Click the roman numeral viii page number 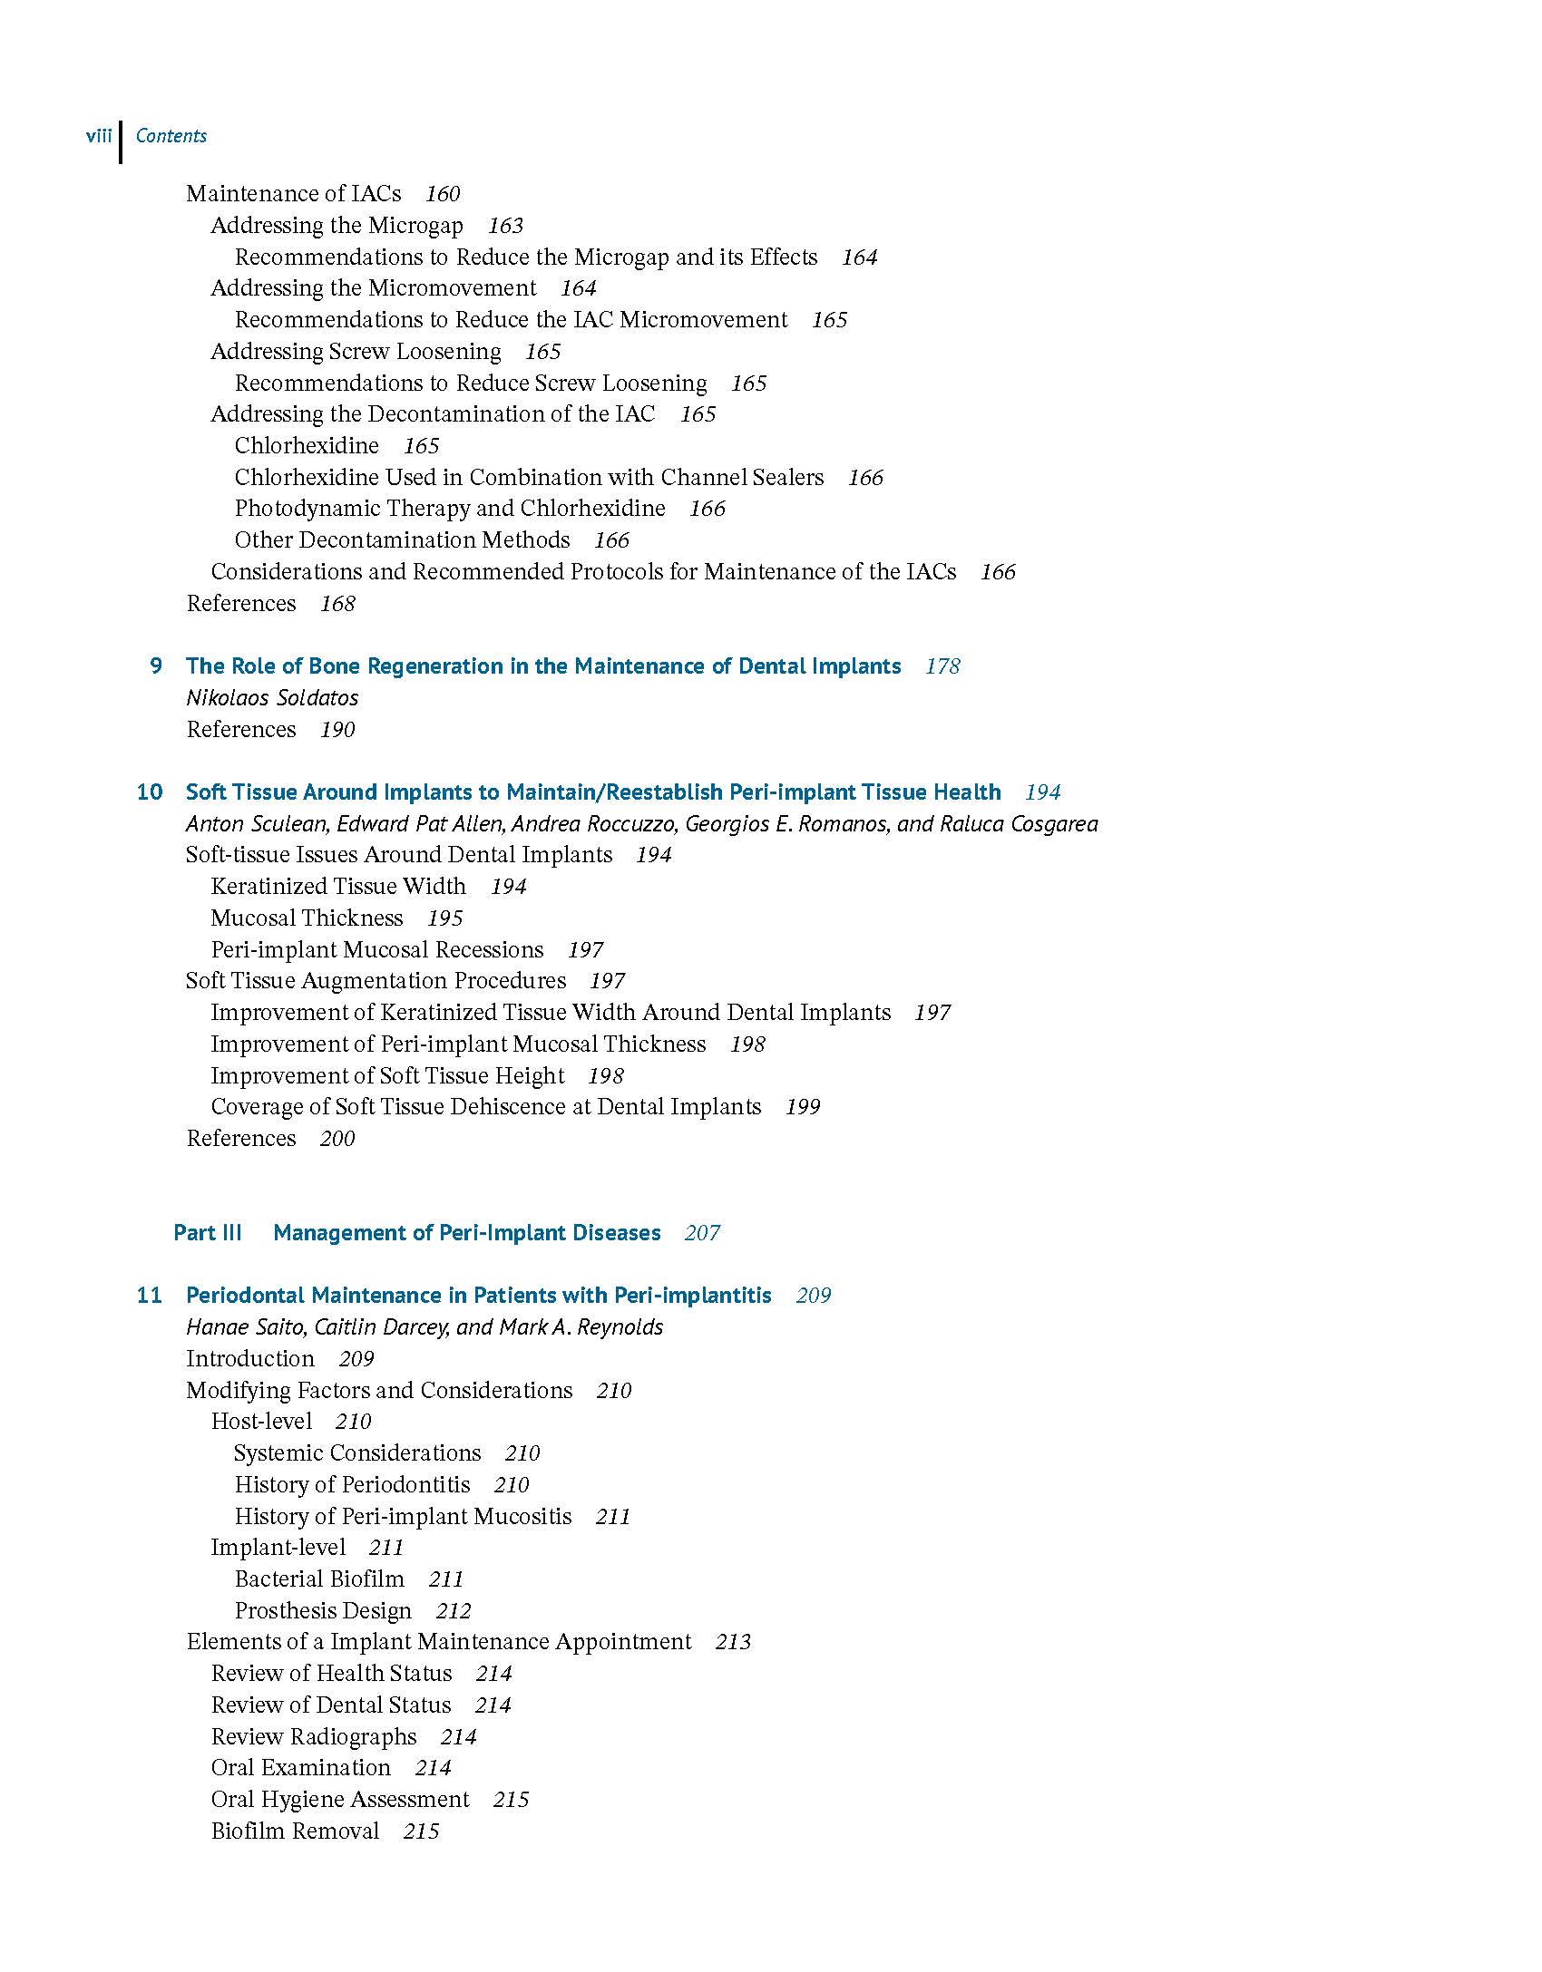click(98, 136)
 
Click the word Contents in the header click(171, 136)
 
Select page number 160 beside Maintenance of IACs click(443, 194)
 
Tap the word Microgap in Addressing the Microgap click(415, 226)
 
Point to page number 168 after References click(337, 604)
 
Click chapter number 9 click(156, 666)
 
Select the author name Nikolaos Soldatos click(272, 698)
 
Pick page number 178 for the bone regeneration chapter click(942, 666)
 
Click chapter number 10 click(150, 792)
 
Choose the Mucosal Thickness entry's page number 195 click(445, 918)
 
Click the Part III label click(208, 1233)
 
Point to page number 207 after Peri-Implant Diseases click(702, 1233)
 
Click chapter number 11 click(150, 1296)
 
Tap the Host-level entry click(261, 1422)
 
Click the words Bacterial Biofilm click(319, 1579)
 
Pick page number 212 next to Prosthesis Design click(454, 1611)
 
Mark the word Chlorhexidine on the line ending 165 click(307, 446)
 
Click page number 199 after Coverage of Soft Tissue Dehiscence click(803, 1107)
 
